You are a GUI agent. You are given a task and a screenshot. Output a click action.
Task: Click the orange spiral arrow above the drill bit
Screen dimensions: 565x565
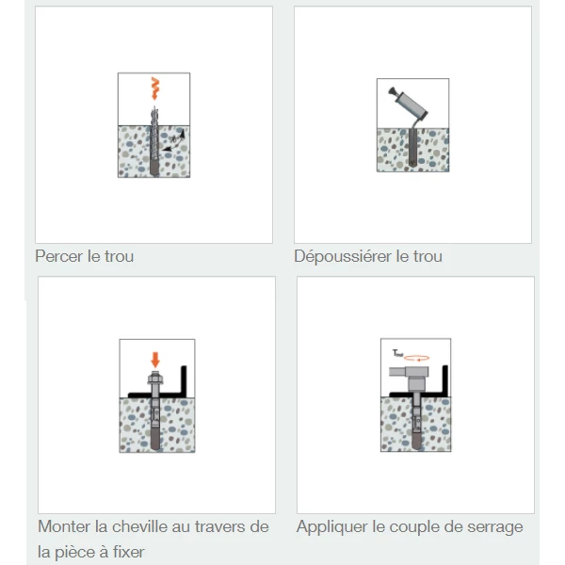(155, 88)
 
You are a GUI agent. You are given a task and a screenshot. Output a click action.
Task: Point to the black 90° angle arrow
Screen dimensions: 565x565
(173, 140)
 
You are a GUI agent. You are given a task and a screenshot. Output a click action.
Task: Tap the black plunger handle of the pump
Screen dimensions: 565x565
(392, 91)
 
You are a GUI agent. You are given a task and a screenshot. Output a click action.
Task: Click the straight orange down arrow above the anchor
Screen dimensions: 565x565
(155, 360)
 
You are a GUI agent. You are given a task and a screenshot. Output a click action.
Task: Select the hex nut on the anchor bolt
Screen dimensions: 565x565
(155, 379)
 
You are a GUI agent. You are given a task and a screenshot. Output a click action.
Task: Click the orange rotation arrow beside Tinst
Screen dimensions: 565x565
(417, 358)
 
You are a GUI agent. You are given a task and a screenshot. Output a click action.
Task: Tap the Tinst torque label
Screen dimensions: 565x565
(397, 353)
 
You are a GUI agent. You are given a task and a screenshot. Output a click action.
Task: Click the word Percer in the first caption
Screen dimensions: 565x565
(59, 256)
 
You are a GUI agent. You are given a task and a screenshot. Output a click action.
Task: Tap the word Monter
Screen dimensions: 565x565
(64, 526)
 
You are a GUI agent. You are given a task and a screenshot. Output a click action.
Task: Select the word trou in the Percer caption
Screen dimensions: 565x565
(119, 256)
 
